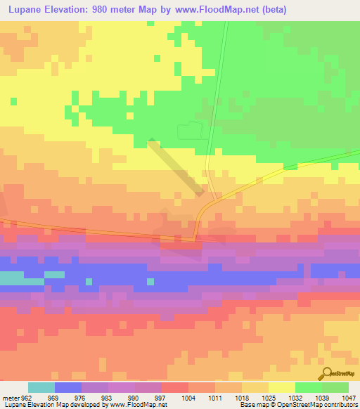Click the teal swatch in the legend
pyautogui.click(x=41, y=387)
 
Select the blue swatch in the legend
pyautogui.click(x=68, y=387)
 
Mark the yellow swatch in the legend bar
pyautogui.click(x=281, y=387)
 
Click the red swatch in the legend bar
pyautogui.click(x=175, y=387)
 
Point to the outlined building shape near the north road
pyautogui.click(x=191, y=130)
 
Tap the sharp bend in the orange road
pyautogui.click(x=195, y=239)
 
